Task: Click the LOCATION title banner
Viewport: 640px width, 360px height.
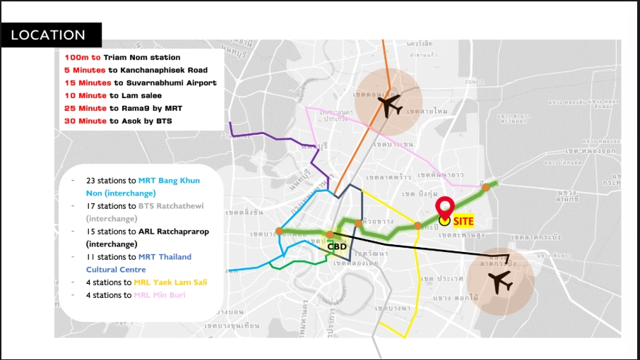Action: (49, 35)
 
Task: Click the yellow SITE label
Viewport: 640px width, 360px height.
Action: (463, 221)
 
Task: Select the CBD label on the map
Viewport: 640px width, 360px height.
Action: (337, 246)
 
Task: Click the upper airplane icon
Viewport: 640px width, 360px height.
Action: (388, 104)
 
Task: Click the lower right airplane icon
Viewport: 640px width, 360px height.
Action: (502, 282)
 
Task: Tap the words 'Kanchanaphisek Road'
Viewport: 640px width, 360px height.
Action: (168, 70)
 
